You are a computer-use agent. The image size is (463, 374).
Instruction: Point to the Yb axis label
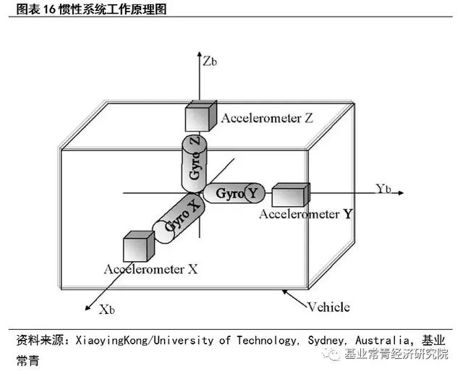click(383, 189)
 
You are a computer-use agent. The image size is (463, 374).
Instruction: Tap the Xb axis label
click(108, 310)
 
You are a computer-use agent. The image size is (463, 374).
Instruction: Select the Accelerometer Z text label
click(267, 118)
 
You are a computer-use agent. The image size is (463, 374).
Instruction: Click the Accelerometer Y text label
click(307, 214)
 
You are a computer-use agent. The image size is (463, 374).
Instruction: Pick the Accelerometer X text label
click(150, 269)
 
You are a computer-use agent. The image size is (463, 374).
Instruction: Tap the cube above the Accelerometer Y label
click(291, 195)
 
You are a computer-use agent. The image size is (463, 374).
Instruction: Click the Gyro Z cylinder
click(194, 161)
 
